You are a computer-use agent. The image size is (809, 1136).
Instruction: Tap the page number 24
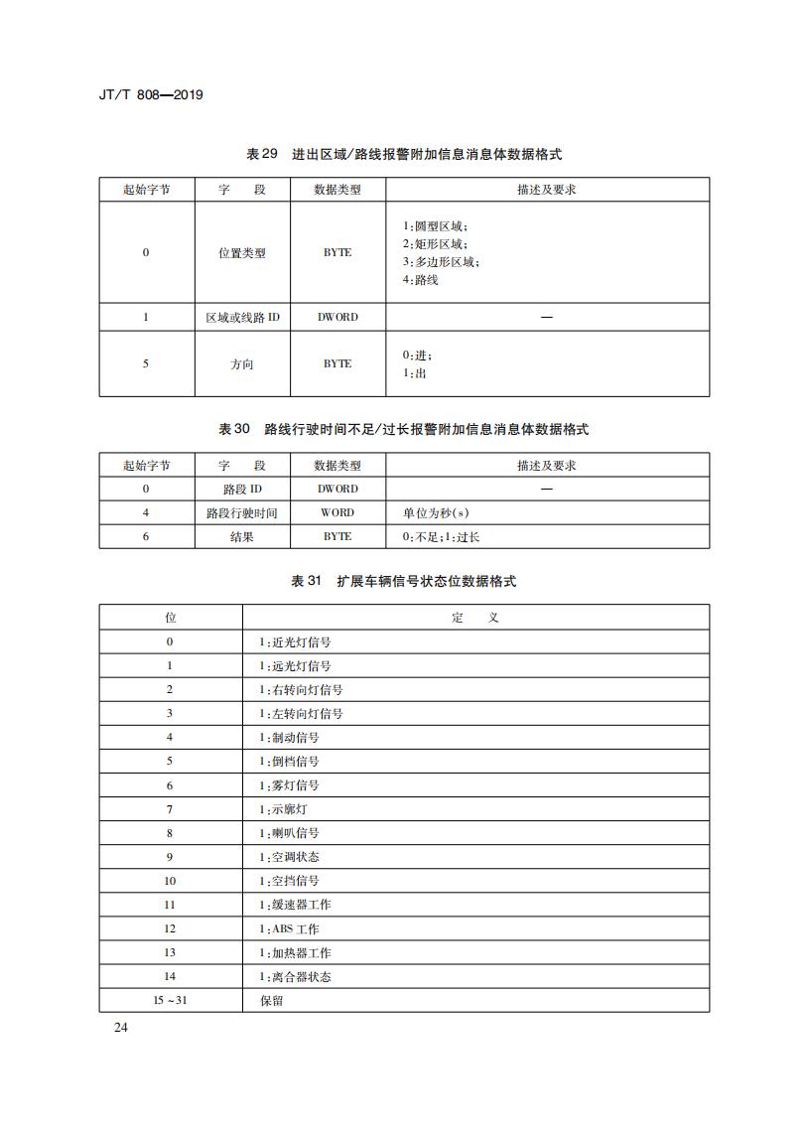coord(121,1027)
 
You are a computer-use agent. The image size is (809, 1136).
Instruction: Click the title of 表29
coord(404,154)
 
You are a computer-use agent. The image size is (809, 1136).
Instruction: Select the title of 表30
coord(404,429)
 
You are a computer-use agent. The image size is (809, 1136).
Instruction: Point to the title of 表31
coord(404,581)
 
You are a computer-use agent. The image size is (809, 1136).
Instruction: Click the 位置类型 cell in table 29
coord(242,253)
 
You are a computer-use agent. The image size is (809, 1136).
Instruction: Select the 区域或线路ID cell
coord(242,317)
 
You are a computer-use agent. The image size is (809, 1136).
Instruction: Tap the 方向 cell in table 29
coord(242,364)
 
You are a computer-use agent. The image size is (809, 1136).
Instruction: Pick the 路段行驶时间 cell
coord(242,512)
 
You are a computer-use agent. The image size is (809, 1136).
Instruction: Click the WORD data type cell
coord(337,512)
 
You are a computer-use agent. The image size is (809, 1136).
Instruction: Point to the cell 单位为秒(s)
coord(436,512)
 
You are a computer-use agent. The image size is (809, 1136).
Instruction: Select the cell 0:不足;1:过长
coord(441,536)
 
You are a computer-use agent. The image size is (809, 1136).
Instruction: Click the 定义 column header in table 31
coord(475,618)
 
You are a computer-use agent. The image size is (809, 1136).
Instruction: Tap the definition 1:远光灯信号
coord(295,666)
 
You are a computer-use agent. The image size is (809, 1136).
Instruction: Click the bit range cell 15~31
coord(170,1000)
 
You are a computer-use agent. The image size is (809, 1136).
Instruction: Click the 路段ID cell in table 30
coord(242,489)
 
